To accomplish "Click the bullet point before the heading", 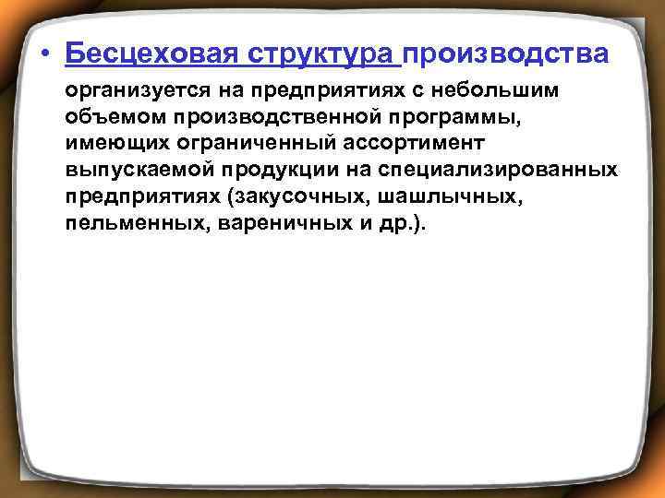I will (44, 54).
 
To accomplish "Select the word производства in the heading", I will (506, 53).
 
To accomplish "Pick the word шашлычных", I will (435, 197).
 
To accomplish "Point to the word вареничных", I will (276, 224).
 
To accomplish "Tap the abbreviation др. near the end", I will (400, 224).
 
